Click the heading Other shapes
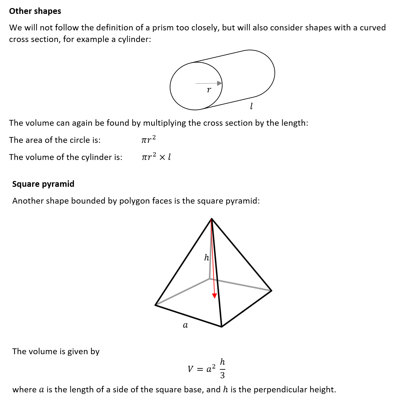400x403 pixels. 35,11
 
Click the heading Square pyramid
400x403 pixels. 43,184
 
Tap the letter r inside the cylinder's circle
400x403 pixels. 209,90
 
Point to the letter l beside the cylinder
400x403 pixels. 251,106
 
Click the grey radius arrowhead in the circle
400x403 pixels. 220,83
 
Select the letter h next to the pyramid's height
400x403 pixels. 207,258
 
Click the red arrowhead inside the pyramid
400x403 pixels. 214,296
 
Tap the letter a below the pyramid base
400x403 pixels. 185,325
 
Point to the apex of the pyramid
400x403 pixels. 211,219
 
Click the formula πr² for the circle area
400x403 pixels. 149,140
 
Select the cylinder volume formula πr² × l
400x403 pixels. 156,157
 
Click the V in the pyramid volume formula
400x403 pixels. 190,369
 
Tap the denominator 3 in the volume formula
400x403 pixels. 222,375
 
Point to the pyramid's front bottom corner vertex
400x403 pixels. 221,326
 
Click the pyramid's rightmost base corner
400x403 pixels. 271,291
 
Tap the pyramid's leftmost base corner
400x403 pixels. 156,305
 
